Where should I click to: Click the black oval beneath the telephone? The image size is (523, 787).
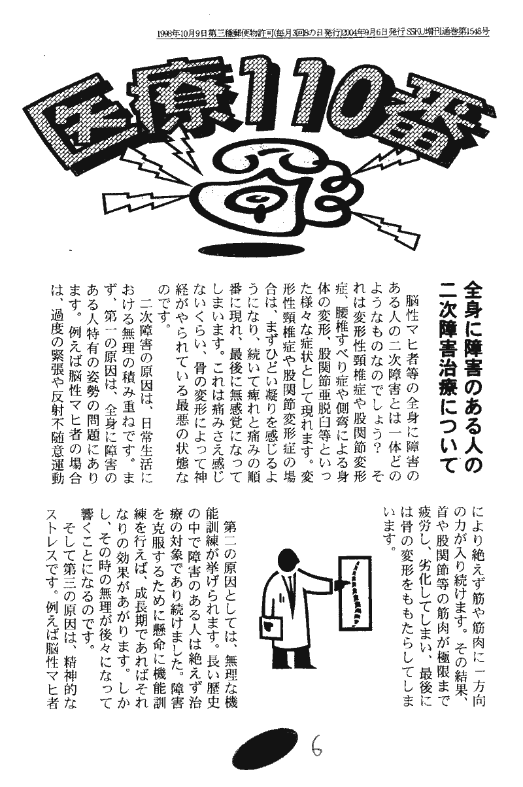(251, 250)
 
